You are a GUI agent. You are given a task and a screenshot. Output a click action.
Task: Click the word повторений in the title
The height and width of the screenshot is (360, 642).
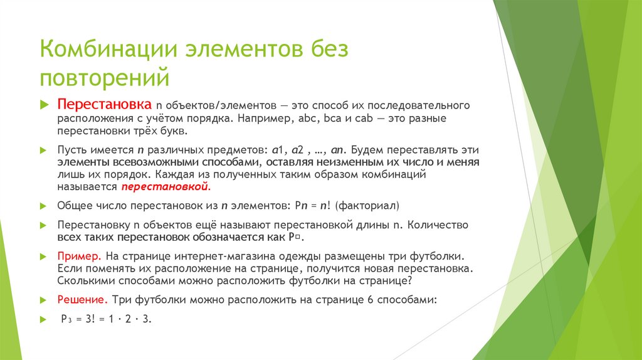(105, 78)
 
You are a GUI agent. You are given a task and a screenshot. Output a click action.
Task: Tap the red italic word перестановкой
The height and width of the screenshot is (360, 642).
(165, 187)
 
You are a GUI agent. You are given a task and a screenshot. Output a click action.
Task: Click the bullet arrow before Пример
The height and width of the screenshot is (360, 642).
(43, 257)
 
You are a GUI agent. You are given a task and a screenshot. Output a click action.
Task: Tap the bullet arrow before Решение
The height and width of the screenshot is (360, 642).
(43, 300)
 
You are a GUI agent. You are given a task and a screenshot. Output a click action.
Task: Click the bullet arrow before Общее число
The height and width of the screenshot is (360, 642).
(43, 206)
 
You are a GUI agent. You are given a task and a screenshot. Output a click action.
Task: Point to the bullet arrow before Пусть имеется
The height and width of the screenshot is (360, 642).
(43, 151)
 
